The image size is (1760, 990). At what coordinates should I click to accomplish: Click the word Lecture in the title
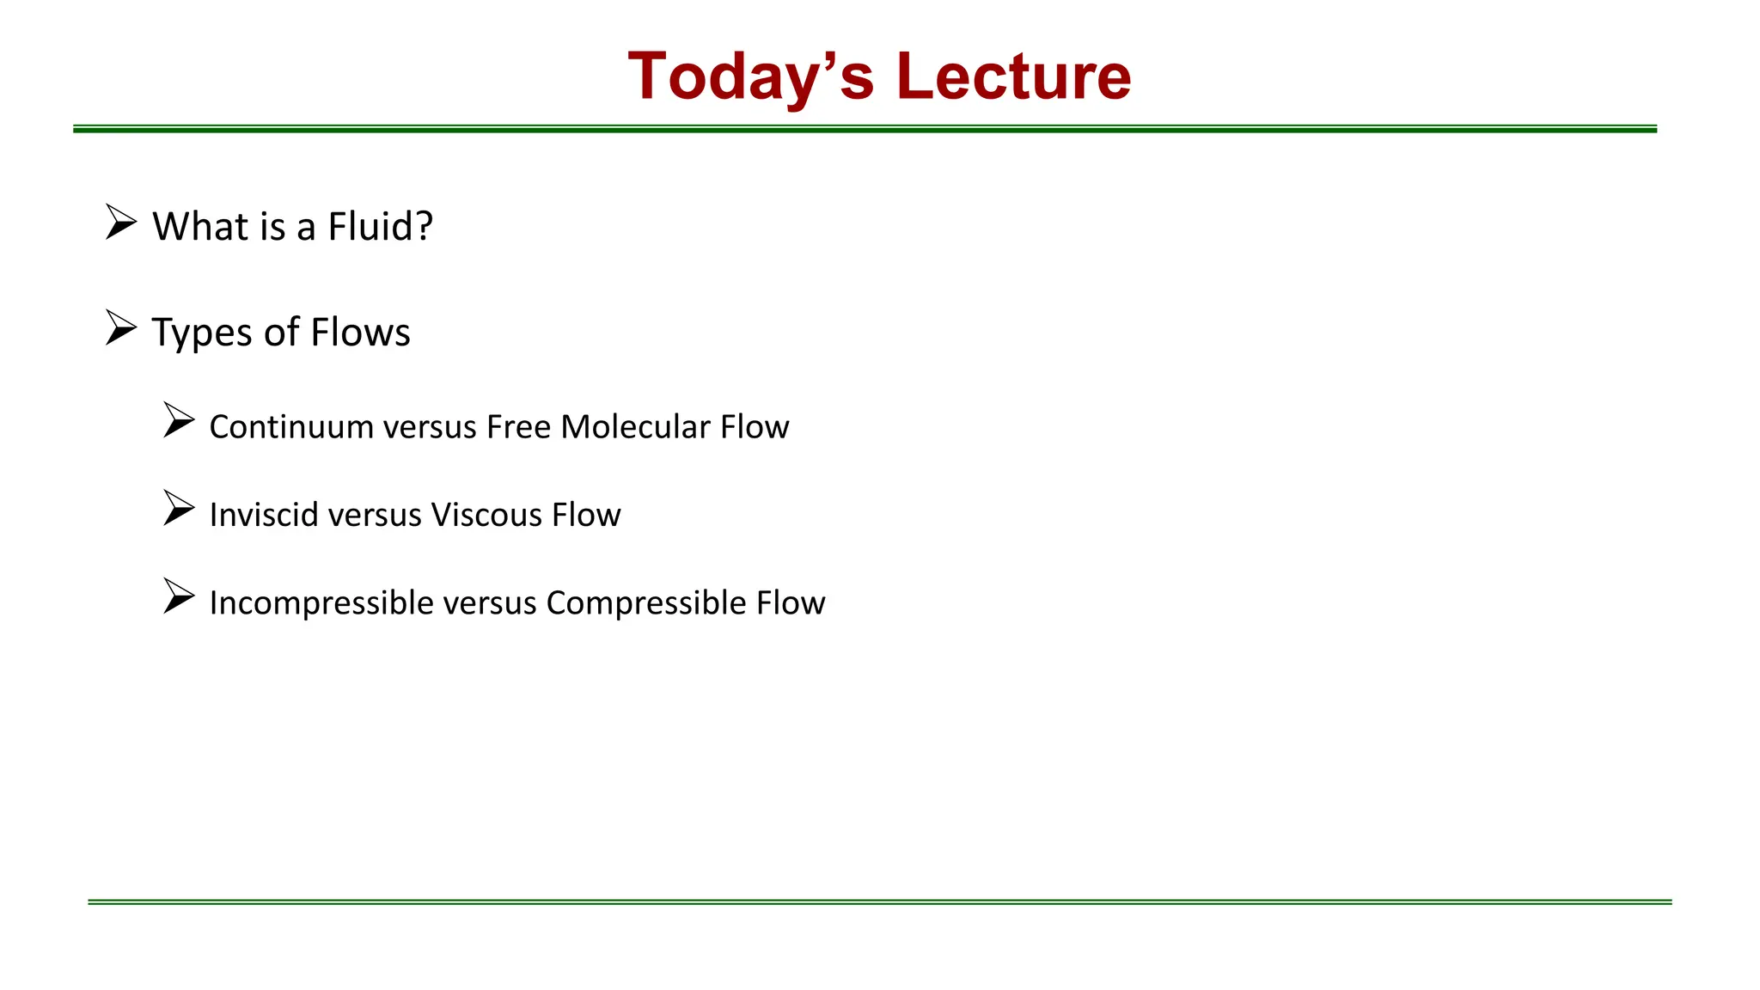(x=1013, y=77)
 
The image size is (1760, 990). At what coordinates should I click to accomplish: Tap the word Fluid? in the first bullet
(x=380, y=227)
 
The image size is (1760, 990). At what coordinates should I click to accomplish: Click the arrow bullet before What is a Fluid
(x=121, y=222)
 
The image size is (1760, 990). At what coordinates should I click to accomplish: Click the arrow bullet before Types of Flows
(x=121, y=327)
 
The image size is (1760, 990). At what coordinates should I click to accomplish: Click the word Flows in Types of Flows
(x=360, y=333)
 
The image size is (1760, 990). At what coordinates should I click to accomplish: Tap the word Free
(x=518, y=427)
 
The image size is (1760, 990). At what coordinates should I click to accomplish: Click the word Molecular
(x=635, y=427)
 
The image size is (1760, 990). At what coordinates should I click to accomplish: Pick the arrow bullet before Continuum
(x=179, y=420)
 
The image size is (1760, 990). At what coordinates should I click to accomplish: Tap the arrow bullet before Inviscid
(x=179, y=508)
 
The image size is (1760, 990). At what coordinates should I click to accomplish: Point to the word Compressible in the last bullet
(x=645, y=603)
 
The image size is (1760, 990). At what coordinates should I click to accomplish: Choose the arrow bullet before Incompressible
(x=179, y=596)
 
